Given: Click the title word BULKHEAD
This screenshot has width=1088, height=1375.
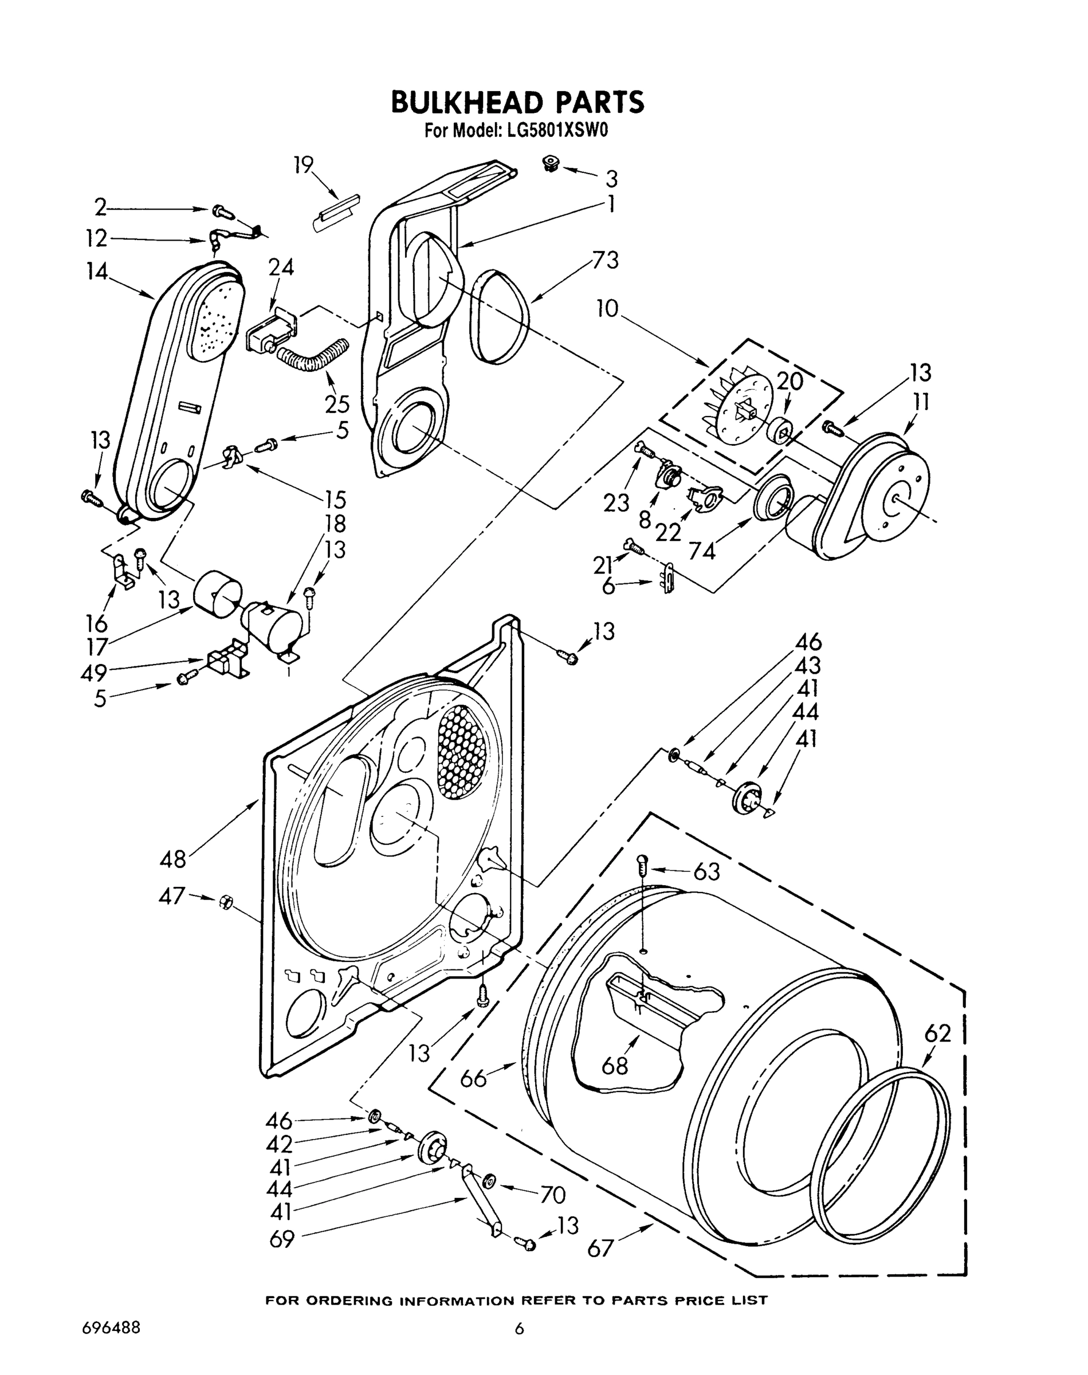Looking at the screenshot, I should coord(466,103).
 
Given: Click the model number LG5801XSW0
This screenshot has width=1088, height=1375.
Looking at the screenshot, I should coord(557,131).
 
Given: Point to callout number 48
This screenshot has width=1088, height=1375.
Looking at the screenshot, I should coord(172,859).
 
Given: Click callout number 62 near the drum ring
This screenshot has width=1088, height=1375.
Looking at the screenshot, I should coord(938,1033).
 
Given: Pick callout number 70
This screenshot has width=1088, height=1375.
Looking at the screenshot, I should coord(552,1196).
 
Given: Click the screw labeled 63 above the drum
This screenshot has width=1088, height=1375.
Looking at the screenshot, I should coord(642,865).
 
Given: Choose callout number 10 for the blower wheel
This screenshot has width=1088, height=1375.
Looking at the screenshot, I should coord(608,309).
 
